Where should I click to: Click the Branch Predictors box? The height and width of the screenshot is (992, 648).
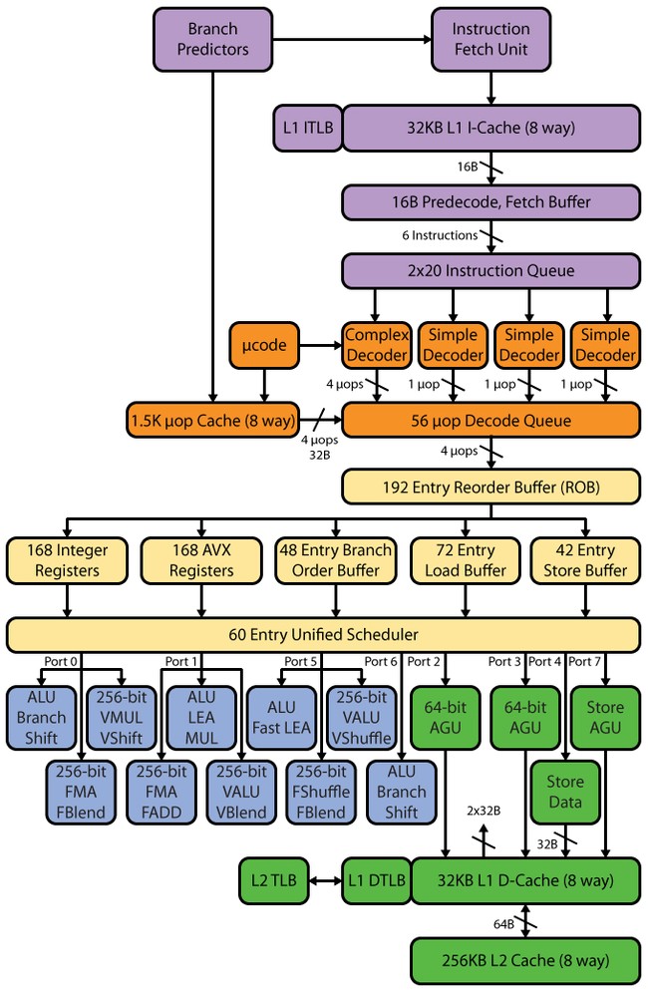point(212,39)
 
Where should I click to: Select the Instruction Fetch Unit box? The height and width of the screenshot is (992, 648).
point(490,39)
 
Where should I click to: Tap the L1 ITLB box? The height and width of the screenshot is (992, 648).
point(307,128)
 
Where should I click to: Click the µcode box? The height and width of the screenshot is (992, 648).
point(264,345)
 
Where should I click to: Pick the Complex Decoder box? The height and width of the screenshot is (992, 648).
point(377,345)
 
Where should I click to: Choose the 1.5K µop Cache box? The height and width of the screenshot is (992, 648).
point(212,420)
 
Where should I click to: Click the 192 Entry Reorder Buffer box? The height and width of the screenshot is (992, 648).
point(490,488)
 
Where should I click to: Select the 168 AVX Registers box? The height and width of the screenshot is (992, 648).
point(201,560)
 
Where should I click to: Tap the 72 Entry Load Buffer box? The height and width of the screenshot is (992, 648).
point(466,560)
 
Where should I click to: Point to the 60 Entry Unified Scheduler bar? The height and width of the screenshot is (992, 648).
point(323,634)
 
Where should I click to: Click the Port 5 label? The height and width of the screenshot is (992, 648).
point(301,662)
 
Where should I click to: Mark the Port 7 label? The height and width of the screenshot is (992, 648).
point(584,662)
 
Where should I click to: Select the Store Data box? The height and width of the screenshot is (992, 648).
point(564,792)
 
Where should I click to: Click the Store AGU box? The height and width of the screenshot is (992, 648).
point(605,718)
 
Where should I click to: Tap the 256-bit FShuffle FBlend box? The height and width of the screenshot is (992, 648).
point(321,792)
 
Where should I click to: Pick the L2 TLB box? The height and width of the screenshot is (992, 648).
point(273,880)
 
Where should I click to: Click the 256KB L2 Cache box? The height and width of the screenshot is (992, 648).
point(525,961)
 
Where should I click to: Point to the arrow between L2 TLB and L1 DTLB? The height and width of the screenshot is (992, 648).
point(325,880)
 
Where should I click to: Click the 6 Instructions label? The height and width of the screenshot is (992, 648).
point(440,235)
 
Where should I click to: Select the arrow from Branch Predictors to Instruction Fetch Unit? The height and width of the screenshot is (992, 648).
point(352,39)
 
